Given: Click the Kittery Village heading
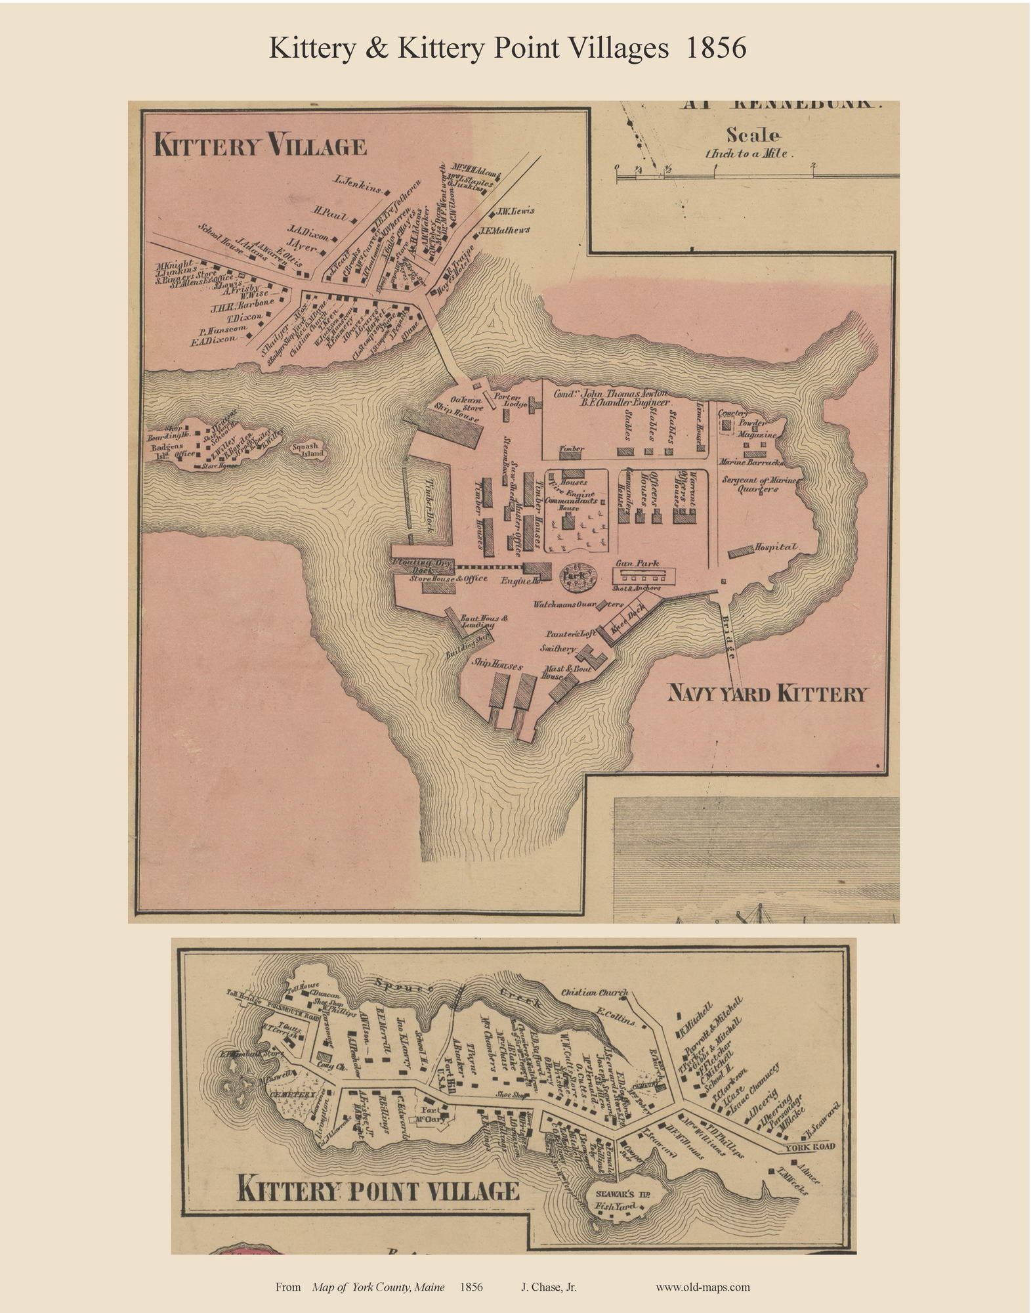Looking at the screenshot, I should [x=259, y=145].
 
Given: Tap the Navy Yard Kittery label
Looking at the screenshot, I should [x=767, y=694].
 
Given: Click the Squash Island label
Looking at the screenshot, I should [x=306, y=450].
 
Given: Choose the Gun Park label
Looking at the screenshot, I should [x=637, y=563].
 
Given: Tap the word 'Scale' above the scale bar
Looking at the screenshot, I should [x=752, y=136].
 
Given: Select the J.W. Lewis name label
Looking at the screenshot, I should [x=515, y=211].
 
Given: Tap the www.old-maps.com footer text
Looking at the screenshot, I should [x=702, y=1287].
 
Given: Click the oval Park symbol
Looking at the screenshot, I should [x=578, y=574].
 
